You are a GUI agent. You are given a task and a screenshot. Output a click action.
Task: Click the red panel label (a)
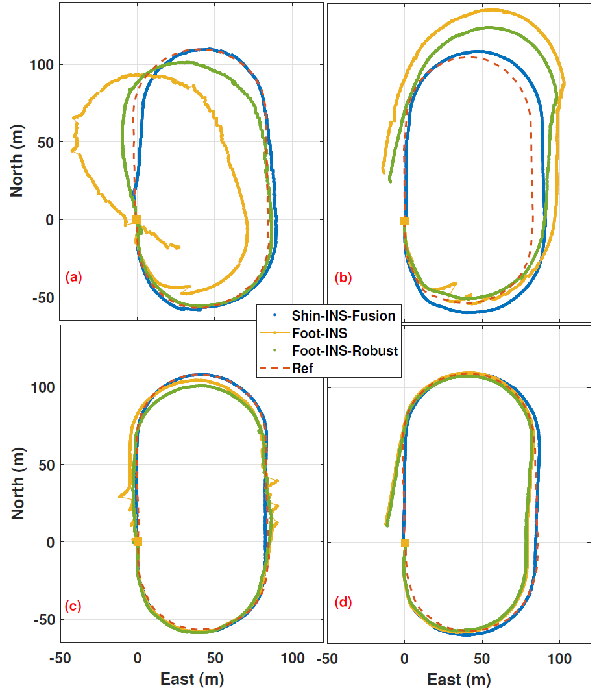click(73, 278)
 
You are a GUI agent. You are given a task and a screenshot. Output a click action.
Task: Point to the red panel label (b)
click(343, 278)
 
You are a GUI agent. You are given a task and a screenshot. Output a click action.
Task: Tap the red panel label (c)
click(73, 606)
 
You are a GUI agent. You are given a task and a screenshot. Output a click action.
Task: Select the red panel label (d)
click(343, 602)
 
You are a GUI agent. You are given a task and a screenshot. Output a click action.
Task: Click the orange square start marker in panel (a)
click(137, 220)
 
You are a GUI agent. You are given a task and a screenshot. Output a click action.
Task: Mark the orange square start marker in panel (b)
click(405, 221)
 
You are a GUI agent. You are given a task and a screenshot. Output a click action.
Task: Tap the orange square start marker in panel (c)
click(138, 541)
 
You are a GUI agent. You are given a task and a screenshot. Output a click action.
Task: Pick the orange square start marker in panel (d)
click(405, 542)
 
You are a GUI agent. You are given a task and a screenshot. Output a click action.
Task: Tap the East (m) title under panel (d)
click(458, 679)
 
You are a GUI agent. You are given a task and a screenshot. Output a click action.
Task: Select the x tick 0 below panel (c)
click(138, 657)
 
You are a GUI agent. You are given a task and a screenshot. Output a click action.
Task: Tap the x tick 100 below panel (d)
click(559, 657)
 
